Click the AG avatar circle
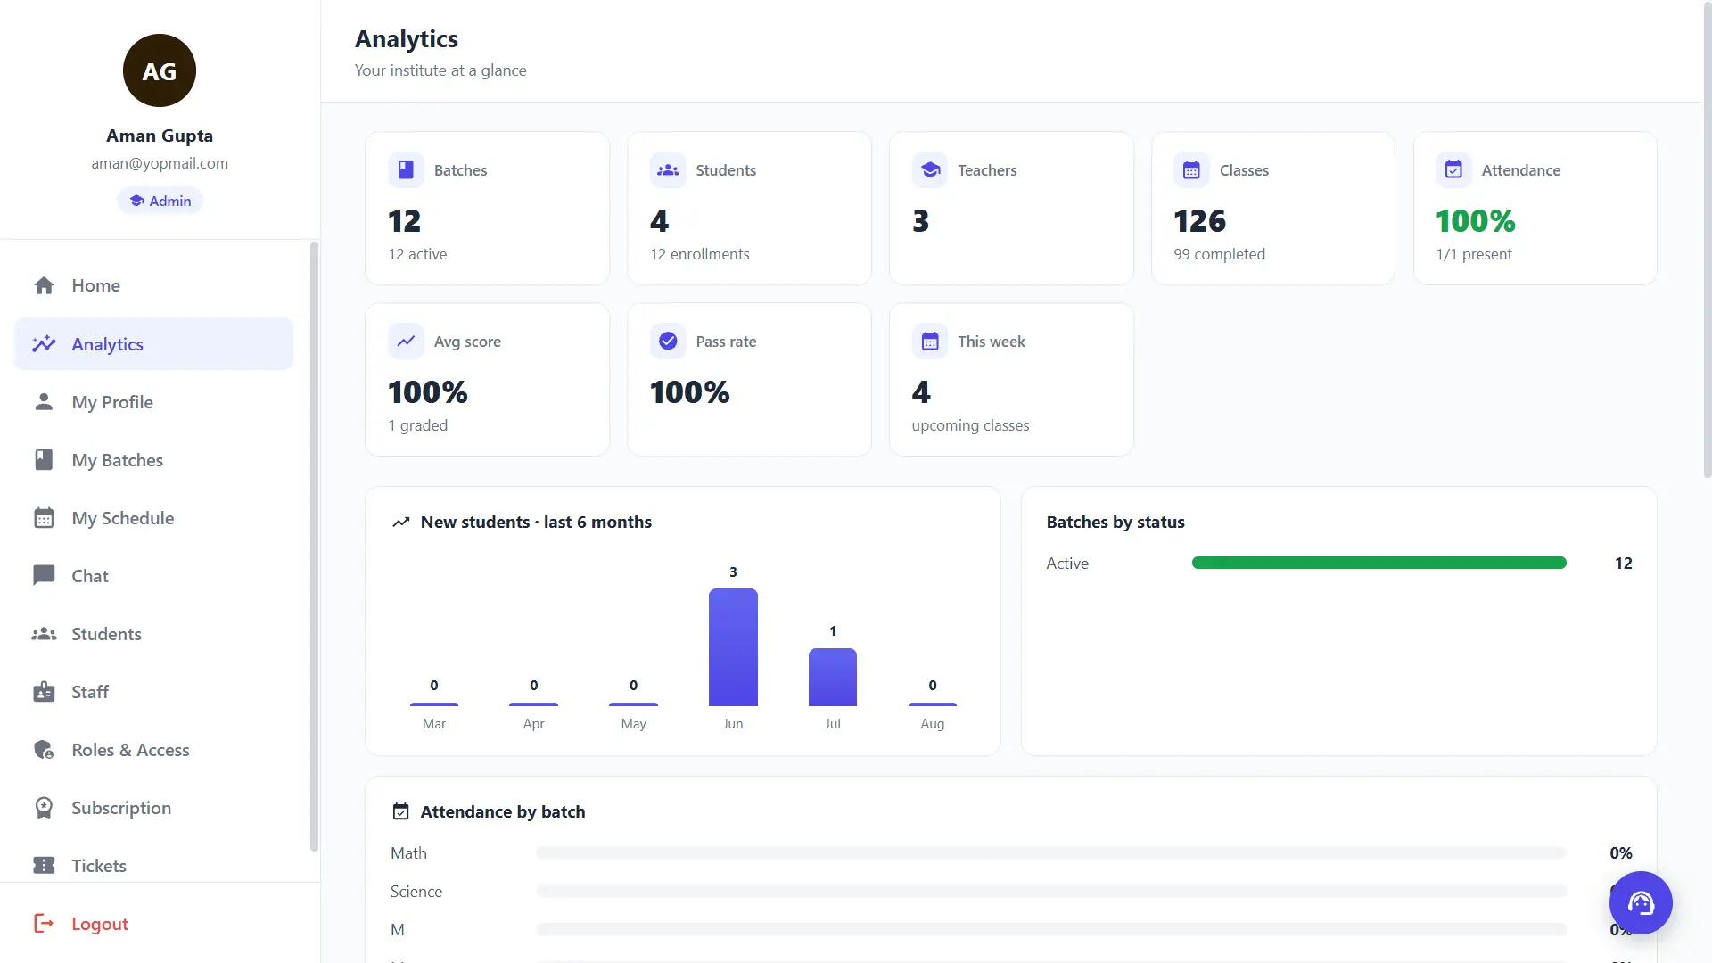tap(160, 70)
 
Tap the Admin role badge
tap(160, 201)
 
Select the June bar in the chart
tap(733, 647)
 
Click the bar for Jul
tap(833, 677)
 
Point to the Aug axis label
tap(933, 724)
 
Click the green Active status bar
tap(1379, 563)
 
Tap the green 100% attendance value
tap(1476, 220)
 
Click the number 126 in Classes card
tap(1199, 220)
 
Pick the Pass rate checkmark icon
tap(668, 341)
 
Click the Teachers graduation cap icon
tap(930, 169)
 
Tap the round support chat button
tap(1641, 902)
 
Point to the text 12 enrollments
tap(700, 254)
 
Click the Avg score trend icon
tap(406, 341)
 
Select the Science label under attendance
tap(416, 892)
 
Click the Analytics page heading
tap(407, 39)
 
